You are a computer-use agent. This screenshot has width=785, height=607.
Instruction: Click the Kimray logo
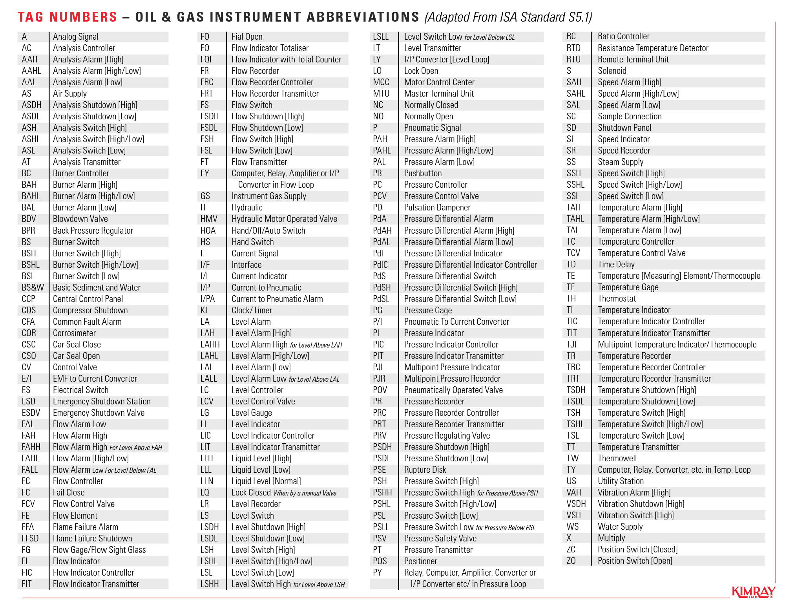753,592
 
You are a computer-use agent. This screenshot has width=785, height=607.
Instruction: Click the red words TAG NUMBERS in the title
68,17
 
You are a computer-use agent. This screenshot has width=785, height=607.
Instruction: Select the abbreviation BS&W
33,288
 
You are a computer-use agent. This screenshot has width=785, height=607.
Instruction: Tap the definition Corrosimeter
74,333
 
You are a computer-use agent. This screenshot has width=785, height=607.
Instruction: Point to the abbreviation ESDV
31,413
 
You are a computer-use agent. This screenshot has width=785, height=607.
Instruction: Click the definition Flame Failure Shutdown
92,539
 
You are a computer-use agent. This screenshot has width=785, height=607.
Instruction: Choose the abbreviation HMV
209,219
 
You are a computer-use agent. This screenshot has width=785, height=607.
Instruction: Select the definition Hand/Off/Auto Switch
268,231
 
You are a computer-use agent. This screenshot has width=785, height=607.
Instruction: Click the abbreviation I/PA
208,299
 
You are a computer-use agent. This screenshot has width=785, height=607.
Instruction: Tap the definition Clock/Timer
252,311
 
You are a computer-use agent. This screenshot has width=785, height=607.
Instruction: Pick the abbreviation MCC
381,82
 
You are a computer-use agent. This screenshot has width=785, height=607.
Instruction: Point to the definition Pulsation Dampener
437,208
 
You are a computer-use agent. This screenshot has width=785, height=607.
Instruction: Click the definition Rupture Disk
425,470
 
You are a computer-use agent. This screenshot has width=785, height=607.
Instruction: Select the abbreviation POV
380,390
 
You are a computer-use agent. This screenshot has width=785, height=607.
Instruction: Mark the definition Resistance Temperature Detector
653,48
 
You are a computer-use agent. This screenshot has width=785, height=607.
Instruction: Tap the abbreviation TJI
571,345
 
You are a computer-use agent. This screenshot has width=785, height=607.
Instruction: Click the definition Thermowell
617,459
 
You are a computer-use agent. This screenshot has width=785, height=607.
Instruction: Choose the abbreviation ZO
571,561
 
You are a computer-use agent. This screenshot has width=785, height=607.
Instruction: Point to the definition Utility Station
621,481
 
